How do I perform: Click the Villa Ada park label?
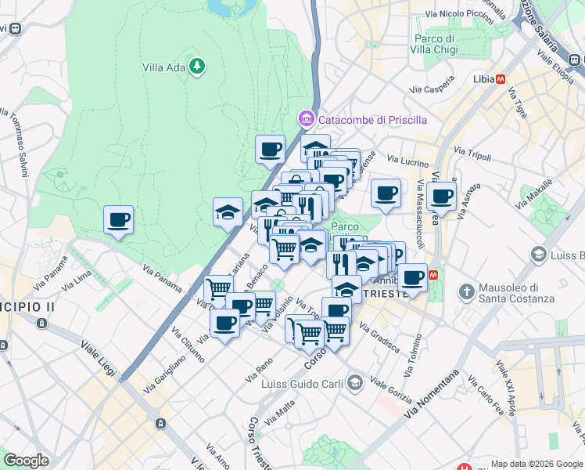pos(163,67)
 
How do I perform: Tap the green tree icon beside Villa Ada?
pos(198,67)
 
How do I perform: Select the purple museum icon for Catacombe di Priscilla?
pos(305,120)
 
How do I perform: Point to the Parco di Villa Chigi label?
pos(435,44)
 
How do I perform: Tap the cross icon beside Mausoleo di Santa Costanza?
pos(467,292)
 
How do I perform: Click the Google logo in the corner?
pos(26,461)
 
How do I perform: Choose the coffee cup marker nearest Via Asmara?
pos(441,196)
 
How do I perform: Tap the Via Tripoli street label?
pos(472,154)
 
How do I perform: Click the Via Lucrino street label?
pos(407,160)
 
